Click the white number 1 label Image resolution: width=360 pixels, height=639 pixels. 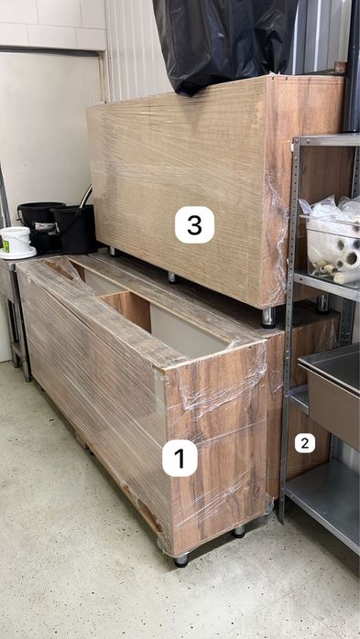[180, 458]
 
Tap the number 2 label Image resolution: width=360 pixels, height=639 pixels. [305, 443]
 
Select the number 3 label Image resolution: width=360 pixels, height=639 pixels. [194, 224]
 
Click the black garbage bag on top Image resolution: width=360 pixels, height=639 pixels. [224, 41]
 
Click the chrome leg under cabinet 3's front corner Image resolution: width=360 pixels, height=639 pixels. [269, 317]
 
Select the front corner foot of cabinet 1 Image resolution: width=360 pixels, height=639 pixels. [182, 559]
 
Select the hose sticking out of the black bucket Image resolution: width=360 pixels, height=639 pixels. [85, 197]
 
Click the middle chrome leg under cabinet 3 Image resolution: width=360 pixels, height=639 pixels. [172, 277]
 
